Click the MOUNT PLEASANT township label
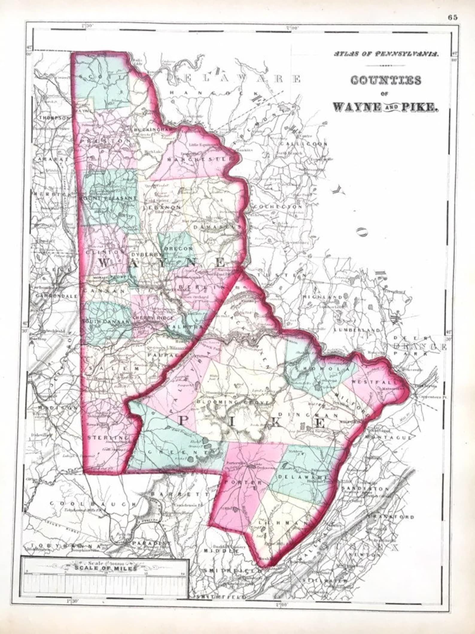pos(108,198)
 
